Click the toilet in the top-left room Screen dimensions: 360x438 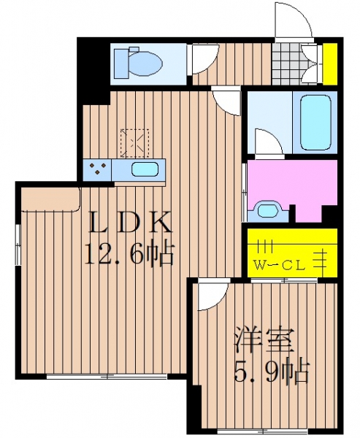click(138, 62)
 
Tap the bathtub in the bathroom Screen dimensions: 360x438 click(316, 123)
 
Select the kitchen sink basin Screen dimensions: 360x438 click(145, 169)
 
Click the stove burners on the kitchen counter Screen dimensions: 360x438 click(97, 169)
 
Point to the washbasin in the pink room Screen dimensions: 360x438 click(267, 210)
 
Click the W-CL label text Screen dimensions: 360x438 click(280, 266)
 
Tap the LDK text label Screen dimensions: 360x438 click(130, 222)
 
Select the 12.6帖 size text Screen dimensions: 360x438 click(129, 252)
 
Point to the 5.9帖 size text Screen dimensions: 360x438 click(271, 372)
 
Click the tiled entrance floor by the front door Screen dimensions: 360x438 click(286, 64)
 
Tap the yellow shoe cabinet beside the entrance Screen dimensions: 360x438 click(330, 64)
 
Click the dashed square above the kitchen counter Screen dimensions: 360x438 click(134, 143)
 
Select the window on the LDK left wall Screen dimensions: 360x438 click(18, 244)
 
